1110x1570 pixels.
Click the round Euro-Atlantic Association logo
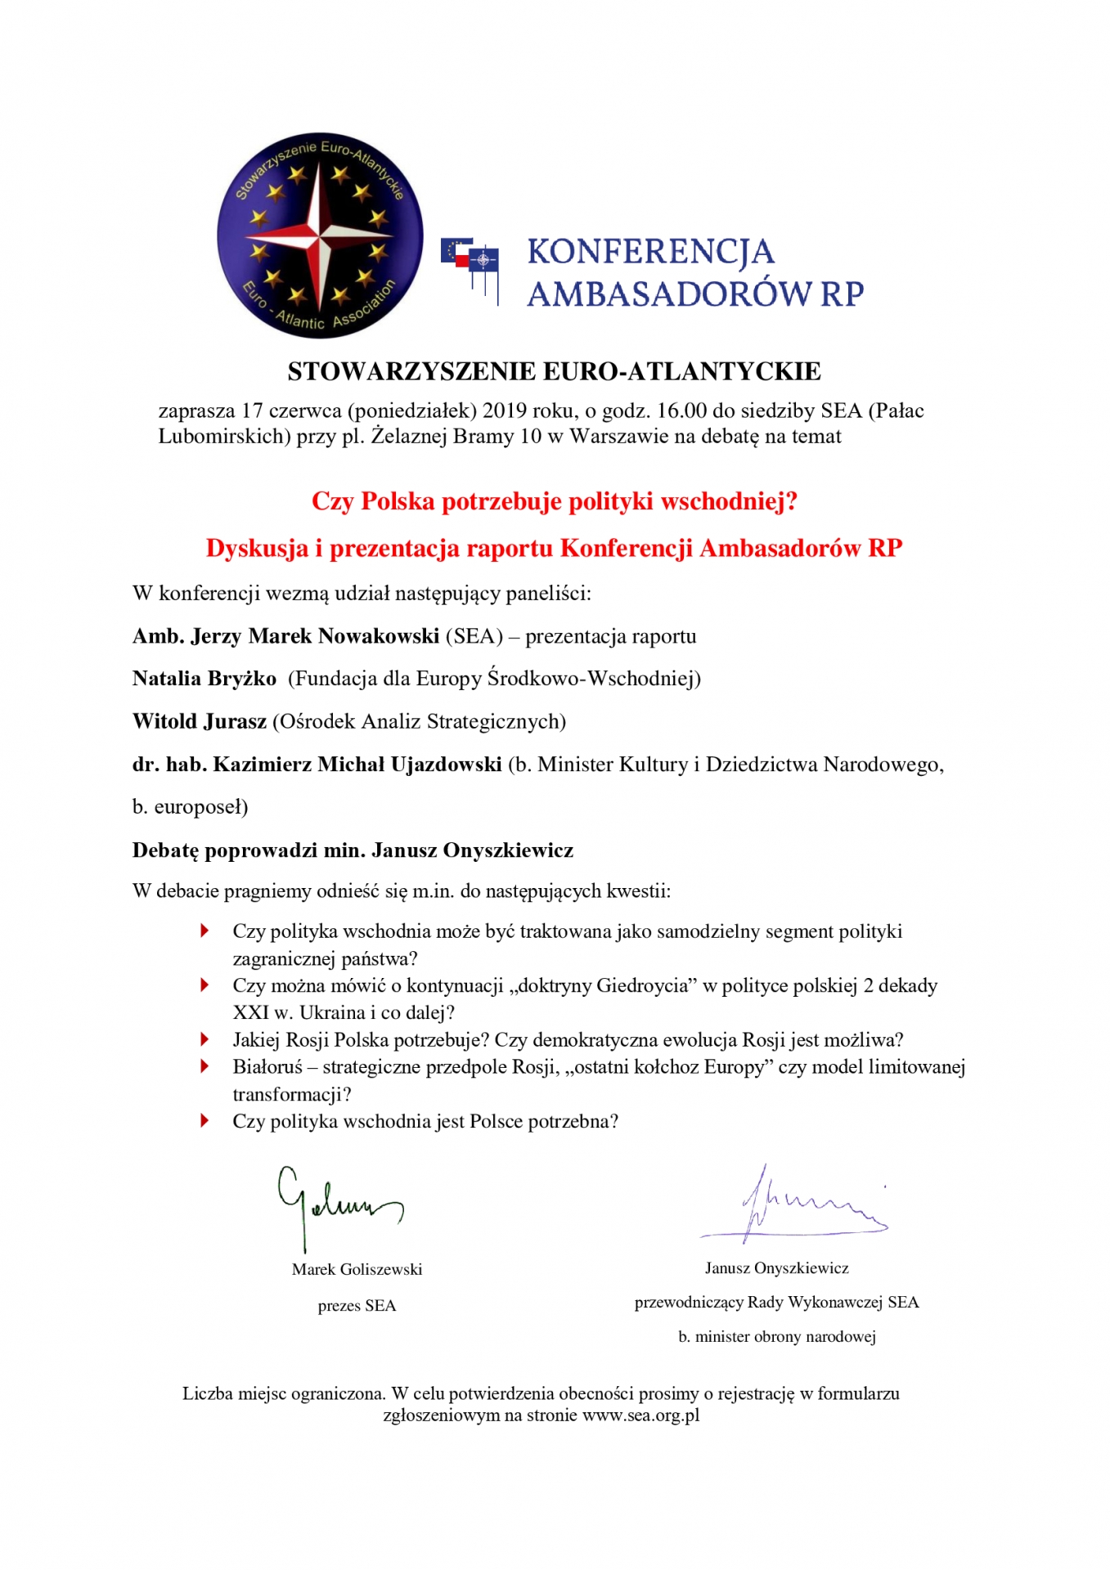point(320,235)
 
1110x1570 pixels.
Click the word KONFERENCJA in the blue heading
point(650,252)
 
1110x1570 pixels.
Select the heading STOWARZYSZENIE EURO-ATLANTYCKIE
point(554,371)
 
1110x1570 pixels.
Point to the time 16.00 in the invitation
point(681,410)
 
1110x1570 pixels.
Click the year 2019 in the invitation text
point(505,410)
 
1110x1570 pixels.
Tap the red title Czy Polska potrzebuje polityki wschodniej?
point(554,501)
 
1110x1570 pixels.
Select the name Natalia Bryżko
point(204,679)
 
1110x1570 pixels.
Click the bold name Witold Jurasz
point(200,721)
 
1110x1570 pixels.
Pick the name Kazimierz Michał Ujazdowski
point(357,765)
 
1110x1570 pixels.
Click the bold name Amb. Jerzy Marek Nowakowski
point(285,636)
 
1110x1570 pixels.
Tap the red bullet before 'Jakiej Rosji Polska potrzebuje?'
point(205,1039)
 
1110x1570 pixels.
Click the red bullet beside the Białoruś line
point(205,1066)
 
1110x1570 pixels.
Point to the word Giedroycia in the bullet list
point(643,986)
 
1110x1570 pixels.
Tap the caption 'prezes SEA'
point(357,1306)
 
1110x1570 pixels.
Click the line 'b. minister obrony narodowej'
point(777,1337)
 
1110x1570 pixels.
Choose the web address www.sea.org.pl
point(640,1415)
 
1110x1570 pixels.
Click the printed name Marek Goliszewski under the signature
point(357,1269)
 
